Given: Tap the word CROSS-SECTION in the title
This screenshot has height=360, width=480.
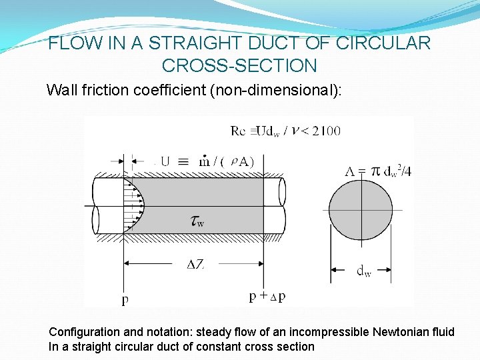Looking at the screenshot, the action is [x=239, y=65].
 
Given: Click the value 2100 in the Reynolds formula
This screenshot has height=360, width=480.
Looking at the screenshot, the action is [x=325, y=131].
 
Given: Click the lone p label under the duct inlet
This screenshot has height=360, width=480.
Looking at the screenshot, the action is [x=125, y=299].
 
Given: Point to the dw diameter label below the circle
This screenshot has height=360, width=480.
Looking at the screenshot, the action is [x=363, y=271].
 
